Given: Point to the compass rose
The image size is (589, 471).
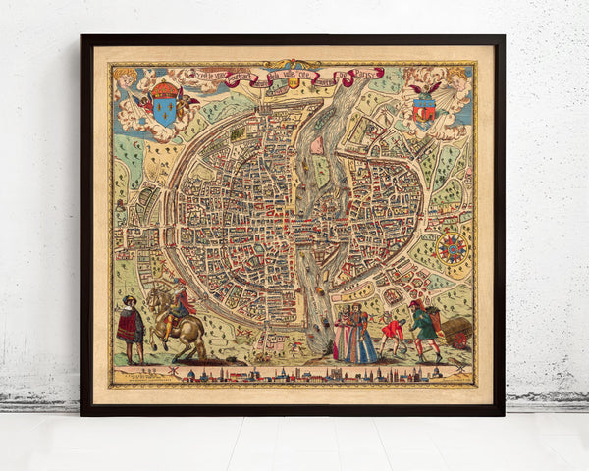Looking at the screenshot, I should click(x=454, y=248).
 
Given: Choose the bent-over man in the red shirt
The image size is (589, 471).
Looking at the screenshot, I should click(x=393, y=334).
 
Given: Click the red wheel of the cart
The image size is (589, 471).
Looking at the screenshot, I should click(x=455, y=338).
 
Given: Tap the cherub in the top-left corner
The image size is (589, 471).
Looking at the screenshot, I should click(x=125, y=78).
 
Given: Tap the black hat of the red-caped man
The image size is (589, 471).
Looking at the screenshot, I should click(x=130, y=301).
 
